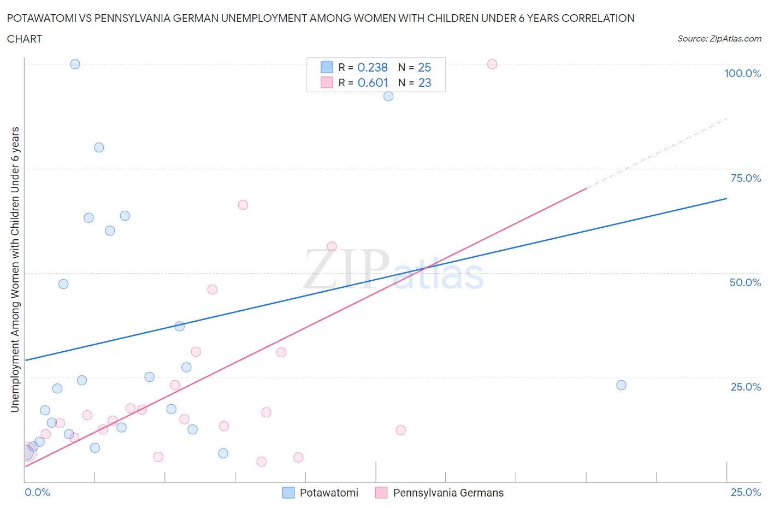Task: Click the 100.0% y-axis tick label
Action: (x=742, y=73)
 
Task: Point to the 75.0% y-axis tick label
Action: (x=746, y=178)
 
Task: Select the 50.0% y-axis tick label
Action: (x=745, y=282)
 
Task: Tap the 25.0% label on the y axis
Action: (x=746, y=387)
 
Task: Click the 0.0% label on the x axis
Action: (x=37, y=492)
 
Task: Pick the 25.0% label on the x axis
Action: (x=746, y=492)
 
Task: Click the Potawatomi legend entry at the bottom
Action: (x=328, y=493)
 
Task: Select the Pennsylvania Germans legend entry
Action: (x=448, y=493)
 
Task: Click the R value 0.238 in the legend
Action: (x=373, y=67)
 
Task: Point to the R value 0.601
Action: (x=373, y=82)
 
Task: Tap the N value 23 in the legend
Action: (x=424, y=82)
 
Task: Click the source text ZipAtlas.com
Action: (x=719, y=39)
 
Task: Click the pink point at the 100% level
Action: (x=492, y=64)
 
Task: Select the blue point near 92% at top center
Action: (x=388, y=96)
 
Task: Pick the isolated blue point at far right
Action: (x=621, y=385)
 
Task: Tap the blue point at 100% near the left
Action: (x=75, y=64)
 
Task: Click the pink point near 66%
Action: (x=243, y=205)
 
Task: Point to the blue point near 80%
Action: (x=99, y=147)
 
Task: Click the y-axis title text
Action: (x=15, y=270)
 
